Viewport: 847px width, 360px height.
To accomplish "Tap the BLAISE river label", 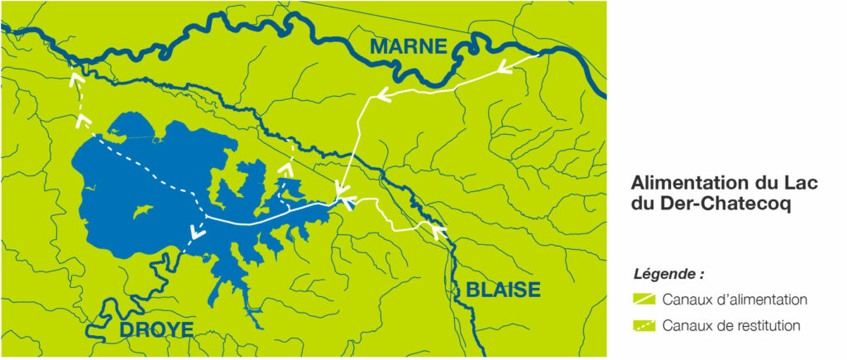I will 503,290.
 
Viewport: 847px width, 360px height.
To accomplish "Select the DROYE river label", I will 156,329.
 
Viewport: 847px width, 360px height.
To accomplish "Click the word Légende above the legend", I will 668,274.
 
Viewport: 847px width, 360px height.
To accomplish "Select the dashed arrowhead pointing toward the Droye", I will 196,233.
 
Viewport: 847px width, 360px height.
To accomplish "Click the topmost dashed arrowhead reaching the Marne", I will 77,79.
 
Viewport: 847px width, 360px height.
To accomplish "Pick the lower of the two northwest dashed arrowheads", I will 83,122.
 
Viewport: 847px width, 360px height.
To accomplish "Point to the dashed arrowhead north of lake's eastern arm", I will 286,168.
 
